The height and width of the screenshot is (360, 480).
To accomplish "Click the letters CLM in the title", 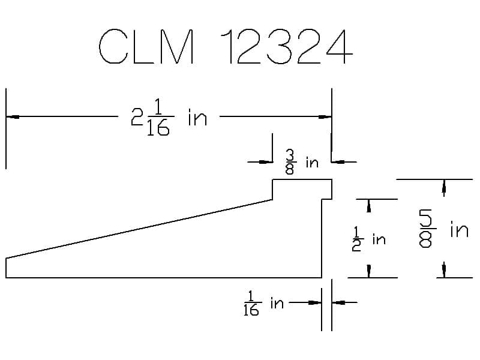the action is click(146, 46).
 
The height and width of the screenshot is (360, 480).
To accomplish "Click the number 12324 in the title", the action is click(287, 46).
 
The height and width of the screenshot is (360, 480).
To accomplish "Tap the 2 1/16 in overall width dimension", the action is click(169, 117).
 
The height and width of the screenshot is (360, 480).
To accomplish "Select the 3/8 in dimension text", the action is click(302, 162).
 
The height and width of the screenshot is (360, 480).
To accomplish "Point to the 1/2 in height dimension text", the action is click(368, 239).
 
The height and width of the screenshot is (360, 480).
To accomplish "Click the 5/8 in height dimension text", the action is click(443, 229).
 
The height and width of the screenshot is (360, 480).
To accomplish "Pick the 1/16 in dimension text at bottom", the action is click(263, 304).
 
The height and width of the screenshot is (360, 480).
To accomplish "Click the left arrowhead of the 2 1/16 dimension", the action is click(13, 116).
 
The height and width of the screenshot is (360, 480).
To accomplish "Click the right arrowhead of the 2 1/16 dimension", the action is click(325, 116).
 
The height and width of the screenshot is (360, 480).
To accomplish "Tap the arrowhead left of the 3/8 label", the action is click(266, 161).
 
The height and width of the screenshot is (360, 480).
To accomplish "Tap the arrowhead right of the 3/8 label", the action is click(338, 161).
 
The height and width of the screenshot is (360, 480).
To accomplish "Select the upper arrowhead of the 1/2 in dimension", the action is click(369, 206).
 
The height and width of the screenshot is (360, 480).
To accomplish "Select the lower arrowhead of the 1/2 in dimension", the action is click(369, 271).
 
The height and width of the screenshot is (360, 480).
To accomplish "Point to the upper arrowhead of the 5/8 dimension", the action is click(444, 186).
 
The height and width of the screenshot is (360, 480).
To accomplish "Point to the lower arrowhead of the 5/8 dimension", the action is click(444, 271).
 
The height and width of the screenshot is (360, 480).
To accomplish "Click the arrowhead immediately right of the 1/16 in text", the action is click(315, 302).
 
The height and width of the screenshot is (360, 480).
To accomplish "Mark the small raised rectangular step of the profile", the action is click(302, 189).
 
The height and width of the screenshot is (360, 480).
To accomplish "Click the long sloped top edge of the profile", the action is click(139, 229).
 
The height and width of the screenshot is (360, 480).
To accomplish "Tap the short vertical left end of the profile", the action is click(6, 268).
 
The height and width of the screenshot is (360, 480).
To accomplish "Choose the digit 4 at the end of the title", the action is click(340, 46).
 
